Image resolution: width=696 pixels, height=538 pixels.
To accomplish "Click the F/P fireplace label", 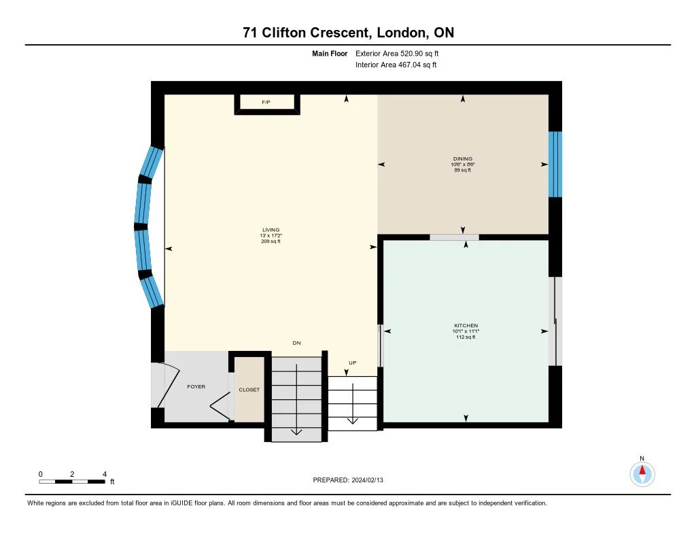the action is tap(266, 102).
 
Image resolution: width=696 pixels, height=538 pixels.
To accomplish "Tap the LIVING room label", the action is tap(271, 230).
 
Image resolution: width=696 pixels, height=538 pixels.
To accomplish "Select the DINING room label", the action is tap(462, 158).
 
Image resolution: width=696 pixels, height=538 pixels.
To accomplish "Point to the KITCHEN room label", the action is tap(466, 326).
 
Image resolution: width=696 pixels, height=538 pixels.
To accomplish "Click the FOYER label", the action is tap(196, 386).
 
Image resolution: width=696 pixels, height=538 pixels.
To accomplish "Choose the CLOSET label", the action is tap(249, 390).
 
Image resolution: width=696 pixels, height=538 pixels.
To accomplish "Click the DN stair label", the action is tap(296, 343).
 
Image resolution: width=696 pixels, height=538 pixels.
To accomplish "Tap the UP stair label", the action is tap(353, 363).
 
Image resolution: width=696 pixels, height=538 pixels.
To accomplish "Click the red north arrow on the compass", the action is tap(642, 471).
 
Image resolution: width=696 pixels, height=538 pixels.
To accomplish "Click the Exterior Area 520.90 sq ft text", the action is tap(397, 53).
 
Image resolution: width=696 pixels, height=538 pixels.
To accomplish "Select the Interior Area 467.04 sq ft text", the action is tap(396, 65).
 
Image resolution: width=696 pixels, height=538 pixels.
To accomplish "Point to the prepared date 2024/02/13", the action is tap(368, 480).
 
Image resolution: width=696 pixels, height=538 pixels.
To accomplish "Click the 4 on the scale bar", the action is tap(105, 474).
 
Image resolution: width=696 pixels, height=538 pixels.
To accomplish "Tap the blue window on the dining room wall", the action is tap(555, 165).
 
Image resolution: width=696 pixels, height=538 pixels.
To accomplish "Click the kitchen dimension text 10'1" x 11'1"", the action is tap(466, 331).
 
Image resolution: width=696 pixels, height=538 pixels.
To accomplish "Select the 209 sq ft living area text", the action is tap(271, 241).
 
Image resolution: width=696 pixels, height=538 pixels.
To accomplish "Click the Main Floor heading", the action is tap(330, 53).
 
